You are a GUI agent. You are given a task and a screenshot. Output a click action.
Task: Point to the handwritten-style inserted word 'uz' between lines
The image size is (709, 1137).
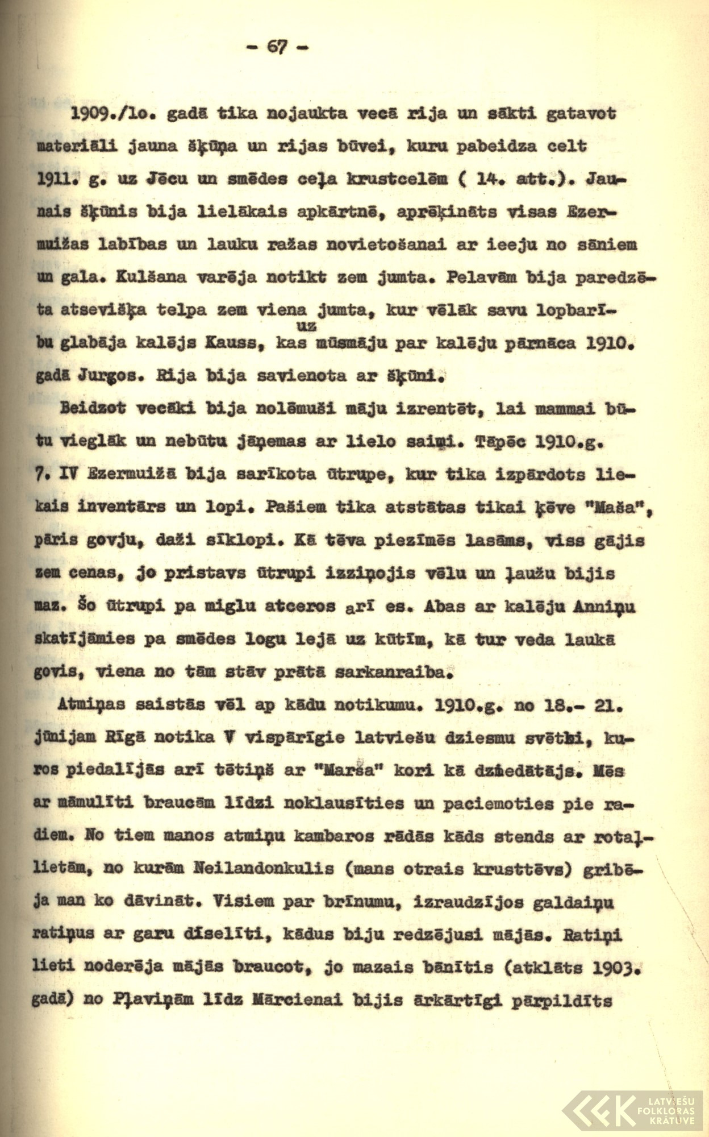click(306, 327)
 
